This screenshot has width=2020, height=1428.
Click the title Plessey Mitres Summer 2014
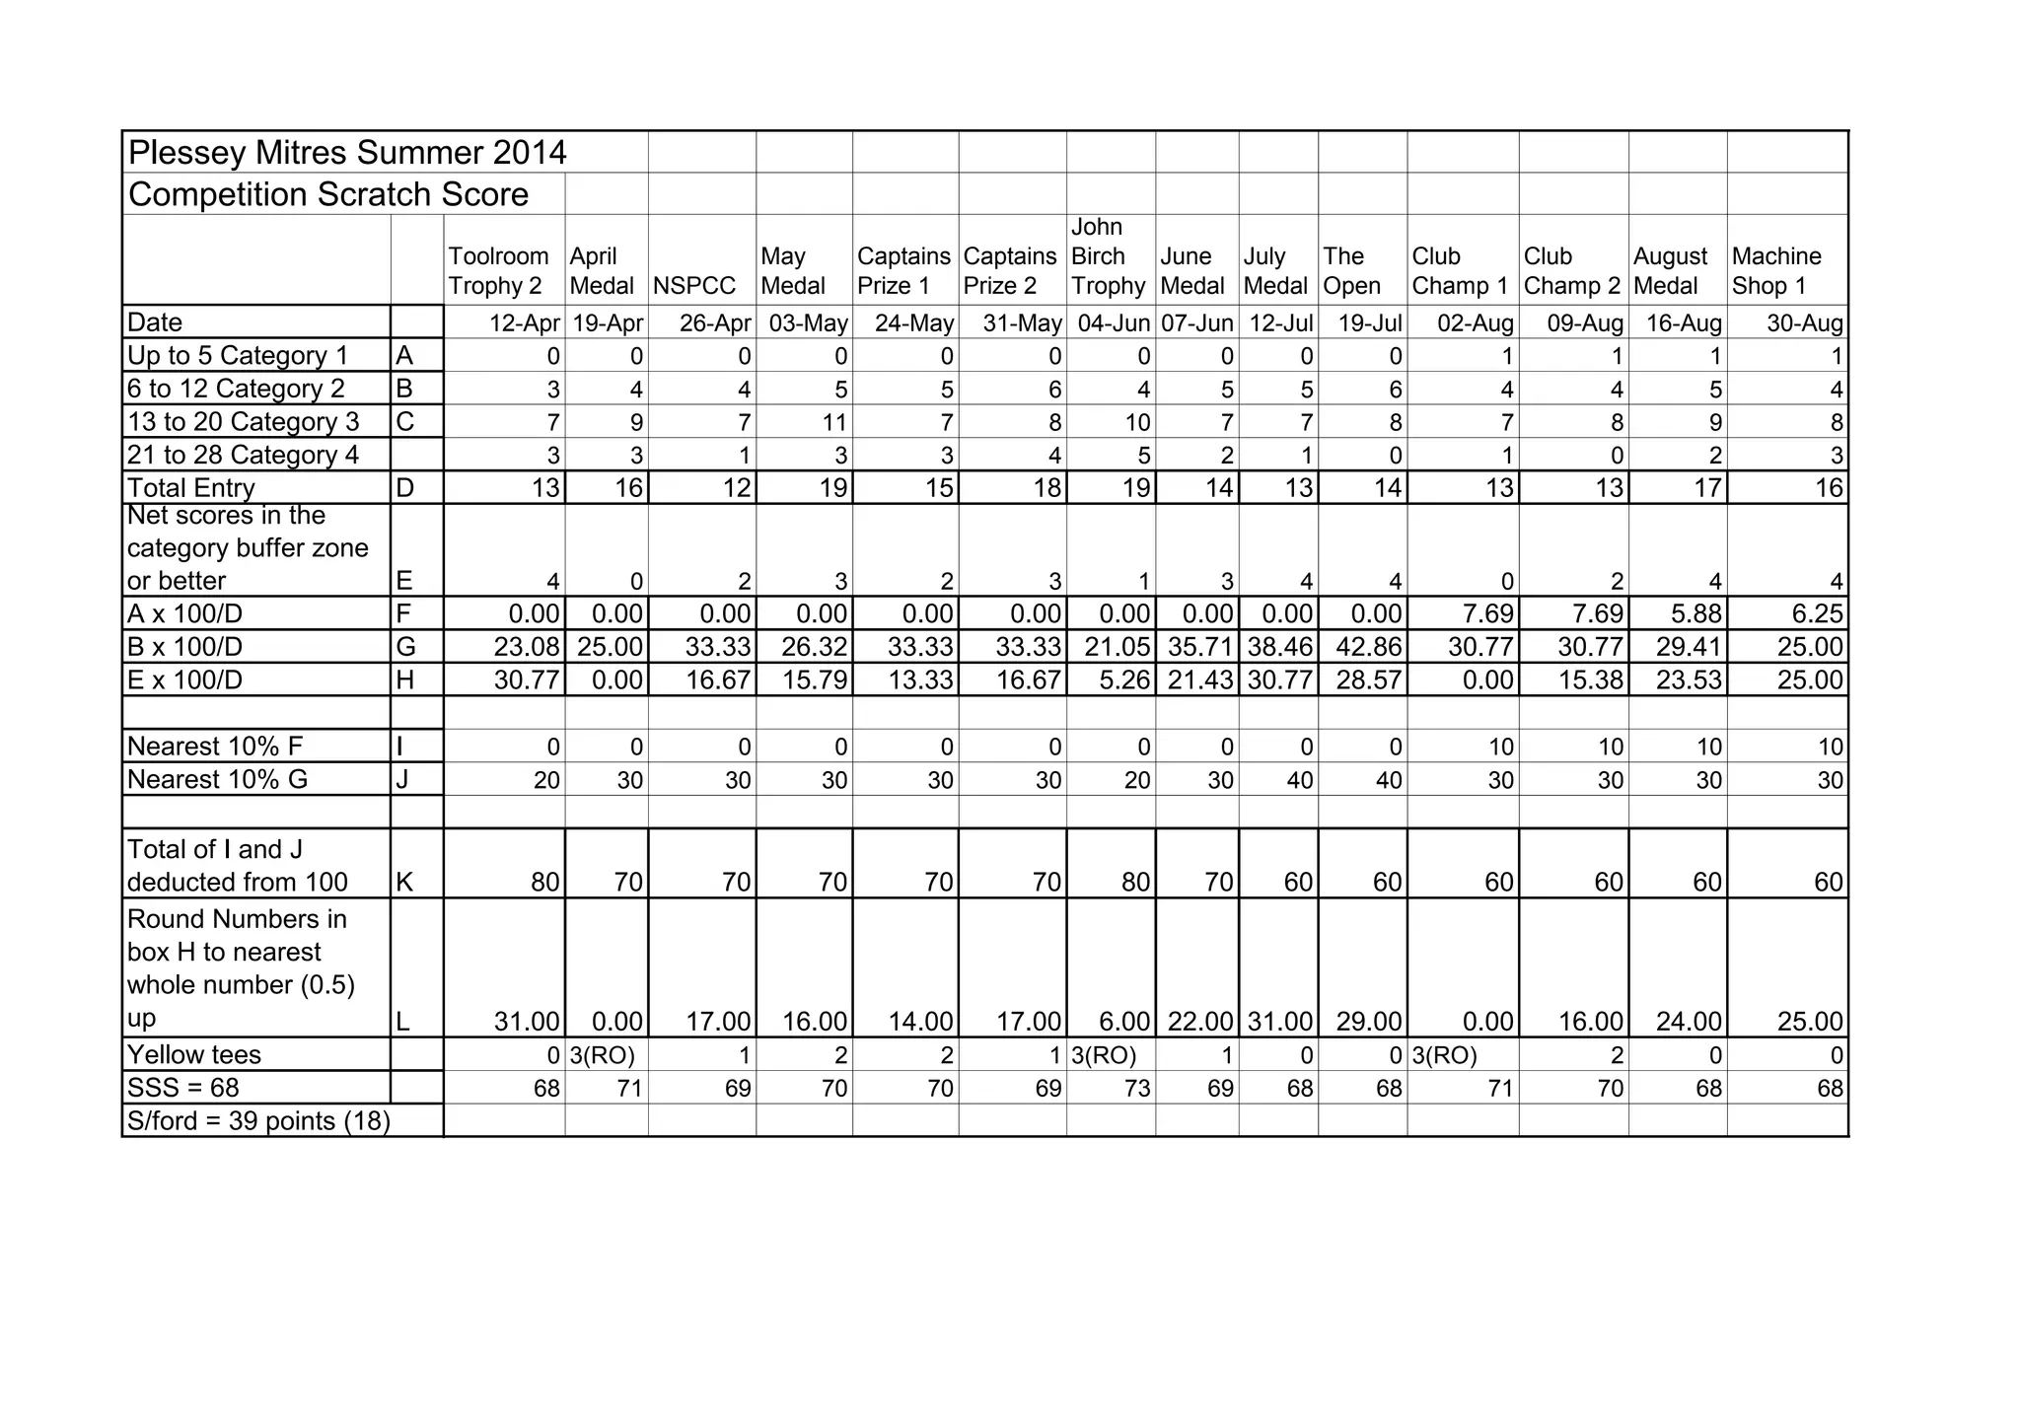pos(347,153)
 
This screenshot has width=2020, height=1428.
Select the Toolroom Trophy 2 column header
pos(498,271)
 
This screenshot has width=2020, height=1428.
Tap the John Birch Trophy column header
pos(1108,256)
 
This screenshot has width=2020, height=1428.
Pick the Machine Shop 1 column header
pos(1775,271)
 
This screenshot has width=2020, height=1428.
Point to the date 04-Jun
pos(1114,323)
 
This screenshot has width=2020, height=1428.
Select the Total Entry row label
pos(191,488)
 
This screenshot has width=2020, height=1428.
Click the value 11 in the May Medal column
pos(834,423)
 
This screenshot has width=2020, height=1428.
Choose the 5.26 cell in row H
pos(1124,680)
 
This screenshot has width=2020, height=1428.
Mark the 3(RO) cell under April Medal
pos(603,1056)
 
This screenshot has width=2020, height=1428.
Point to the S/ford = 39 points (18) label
pos(258,1121)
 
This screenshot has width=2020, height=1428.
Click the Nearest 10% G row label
pos(217,780)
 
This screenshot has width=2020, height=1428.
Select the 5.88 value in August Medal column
pos(1689,614)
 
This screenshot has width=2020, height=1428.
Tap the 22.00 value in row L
pos(1200,1022)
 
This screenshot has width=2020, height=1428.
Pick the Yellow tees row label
pos(194,1055)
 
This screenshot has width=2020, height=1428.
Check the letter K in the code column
pos(404,883)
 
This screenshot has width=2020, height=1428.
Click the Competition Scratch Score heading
pos(328,194)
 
